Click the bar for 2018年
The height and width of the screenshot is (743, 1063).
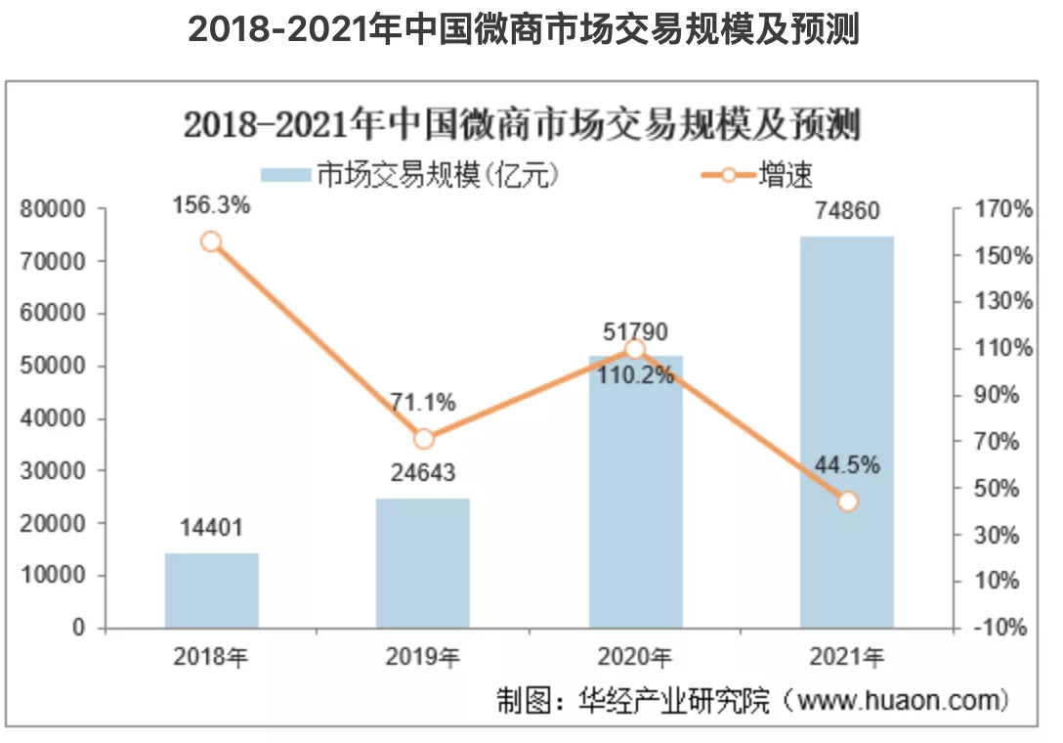(x=211, y=590)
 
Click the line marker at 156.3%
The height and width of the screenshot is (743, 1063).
(x=211, y=242)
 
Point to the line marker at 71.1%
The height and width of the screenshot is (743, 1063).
(x=423, y=439)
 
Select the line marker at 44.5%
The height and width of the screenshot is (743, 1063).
(x=847, y=502)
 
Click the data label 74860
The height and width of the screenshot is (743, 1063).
(x=847, y=211)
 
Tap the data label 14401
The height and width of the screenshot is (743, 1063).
(x=211, y=529)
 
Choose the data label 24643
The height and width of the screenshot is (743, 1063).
(x=423, y=474)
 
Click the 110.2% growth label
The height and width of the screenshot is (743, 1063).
(x=635, y=375)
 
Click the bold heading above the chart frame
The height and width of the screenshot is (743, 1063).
(x=523, y=30)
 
